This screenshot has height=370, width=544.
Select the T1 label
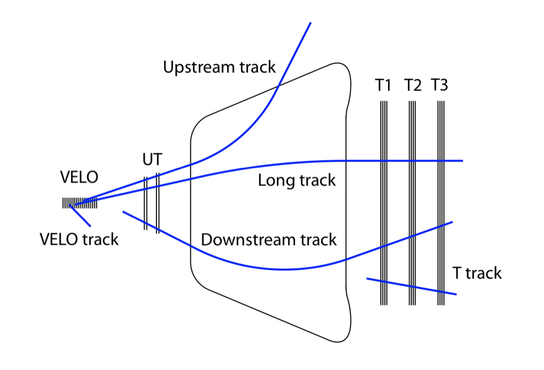[383, 86]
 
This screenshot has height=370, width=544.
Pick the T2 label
[412, 86]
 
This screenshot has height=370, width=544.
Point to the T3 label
[440, 86]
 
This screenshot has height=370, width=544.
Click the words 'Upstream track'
[219, 67]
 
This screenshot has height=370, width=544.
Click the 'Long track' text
[297, 180]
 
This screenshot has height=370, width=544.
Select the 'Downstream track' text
[269, 239]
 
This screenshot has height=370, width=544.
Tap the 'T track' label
[476, 273]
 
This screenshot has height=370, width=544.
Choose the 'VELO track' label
[79, 239]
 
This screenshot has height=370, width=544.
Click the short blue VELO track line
[81, 216]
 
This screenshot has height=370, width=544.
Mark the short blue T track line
[411, 287]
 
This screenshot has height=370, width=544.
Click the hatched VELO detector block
[80, 203]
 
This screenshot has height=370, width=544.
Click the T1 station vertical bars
[383, 204]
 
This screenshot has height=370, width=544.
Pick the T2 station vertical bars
[412, 204]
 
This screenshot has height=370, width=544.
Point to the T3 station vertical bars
[441, 204]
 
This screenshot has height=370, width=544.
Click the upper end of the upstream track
[310, 23]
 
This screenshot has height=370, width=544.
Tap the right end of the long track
[462, 160]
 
